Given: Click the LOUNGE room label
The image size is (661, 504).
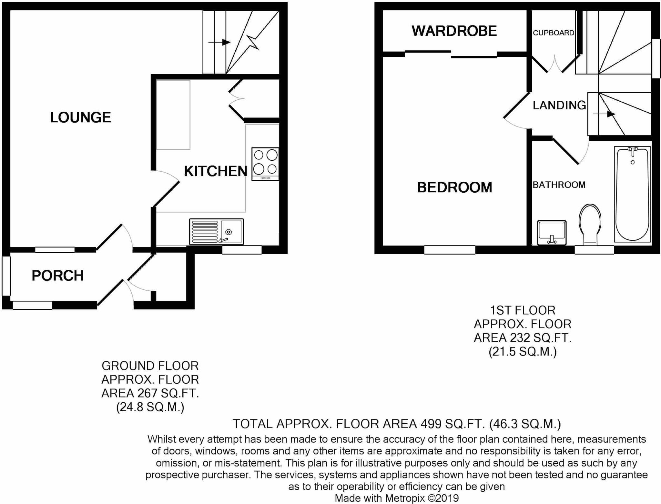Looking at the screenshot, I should coord(80,117).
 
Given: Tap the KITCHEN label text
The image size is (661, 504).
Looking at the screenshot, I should coord(215,171).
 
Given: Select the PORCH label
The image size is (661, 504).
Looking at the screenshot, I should coord(57,276).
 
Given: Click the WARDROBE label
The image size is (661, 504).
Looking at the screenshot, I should coord(454,31).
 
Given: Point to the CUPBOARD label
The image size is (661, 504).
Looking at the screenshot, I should coord(553,33).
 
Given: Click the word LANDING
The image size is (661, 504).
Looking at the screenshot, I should coord(559,105).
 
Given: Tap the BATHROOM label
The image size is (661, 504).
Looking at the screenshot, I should coord(559,185).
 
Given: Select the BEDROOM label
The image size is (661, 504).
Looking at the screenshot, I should coord(454,187).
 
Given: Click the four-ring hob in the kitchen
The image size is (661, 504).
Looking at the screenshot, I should coord(265,164).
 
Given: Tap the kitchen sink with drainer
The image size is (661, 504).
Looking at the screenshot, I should coord(216,232).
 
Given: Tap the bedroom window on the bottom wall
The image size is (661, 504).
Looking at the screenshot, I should coord(449,250).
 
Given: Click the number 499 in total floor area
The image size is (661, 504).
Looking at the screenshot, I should coord(431,424).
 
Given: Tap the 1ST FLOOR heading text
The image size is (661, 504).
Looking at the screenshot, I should coord(523,310).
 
